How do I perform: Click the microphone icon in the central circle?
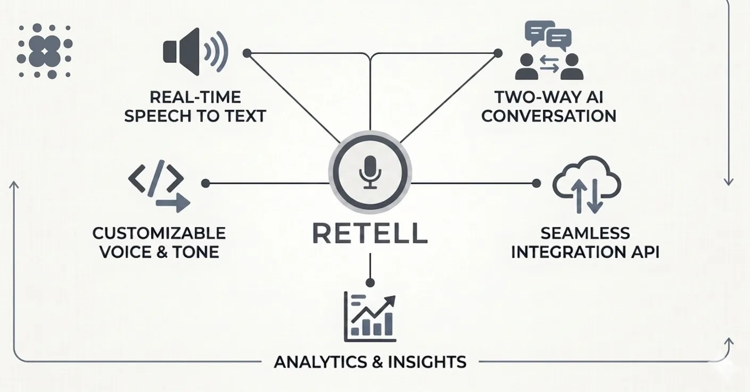[370, 172]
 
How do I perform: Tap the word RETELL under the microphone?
[370, 233]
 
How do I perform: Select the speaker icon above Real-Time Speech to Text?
[196, 52]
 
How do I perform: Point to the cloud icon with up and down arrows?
[587, 185]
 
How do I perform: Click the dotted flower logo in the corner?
[45, 51]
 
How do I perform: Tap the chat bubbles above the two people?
[548, 36]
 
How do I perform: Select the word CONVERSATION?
[549, 116]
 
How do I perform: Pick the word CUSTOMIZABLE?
[159, 233]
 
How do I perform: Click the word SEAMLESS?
[586, 233]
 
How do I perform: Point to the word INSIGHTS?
[427, 362]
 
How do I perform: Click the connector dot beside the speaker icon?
[247, 53]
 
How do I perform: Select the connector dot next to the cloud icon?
[537, 183]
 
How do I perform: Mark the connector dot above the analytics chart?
[370, 283]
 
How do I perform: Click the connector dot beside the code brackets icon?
[205, 183]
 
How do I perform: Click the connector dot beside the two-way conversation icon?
[498, 53]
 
